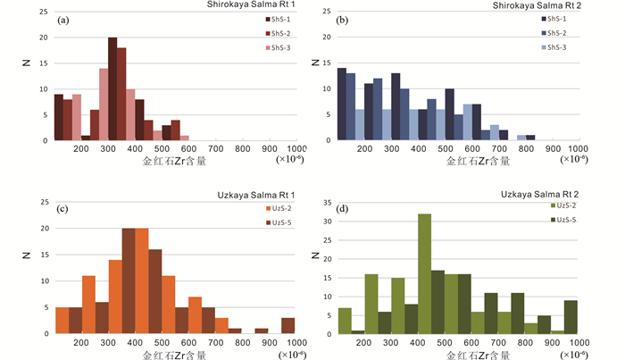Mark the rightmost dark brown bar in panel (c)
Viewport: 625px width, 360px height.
(x=287, y=325)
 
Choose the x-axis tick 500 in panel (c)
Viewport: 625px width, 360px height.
(x=162, y=341)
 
